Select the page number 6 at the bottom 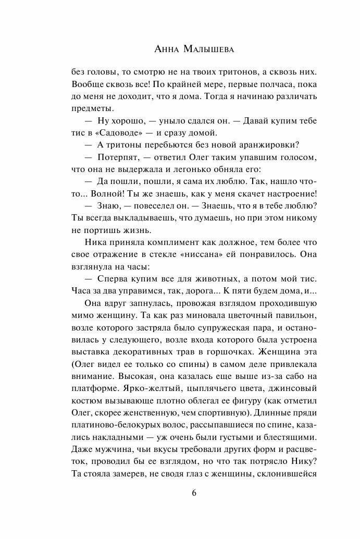180,493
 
